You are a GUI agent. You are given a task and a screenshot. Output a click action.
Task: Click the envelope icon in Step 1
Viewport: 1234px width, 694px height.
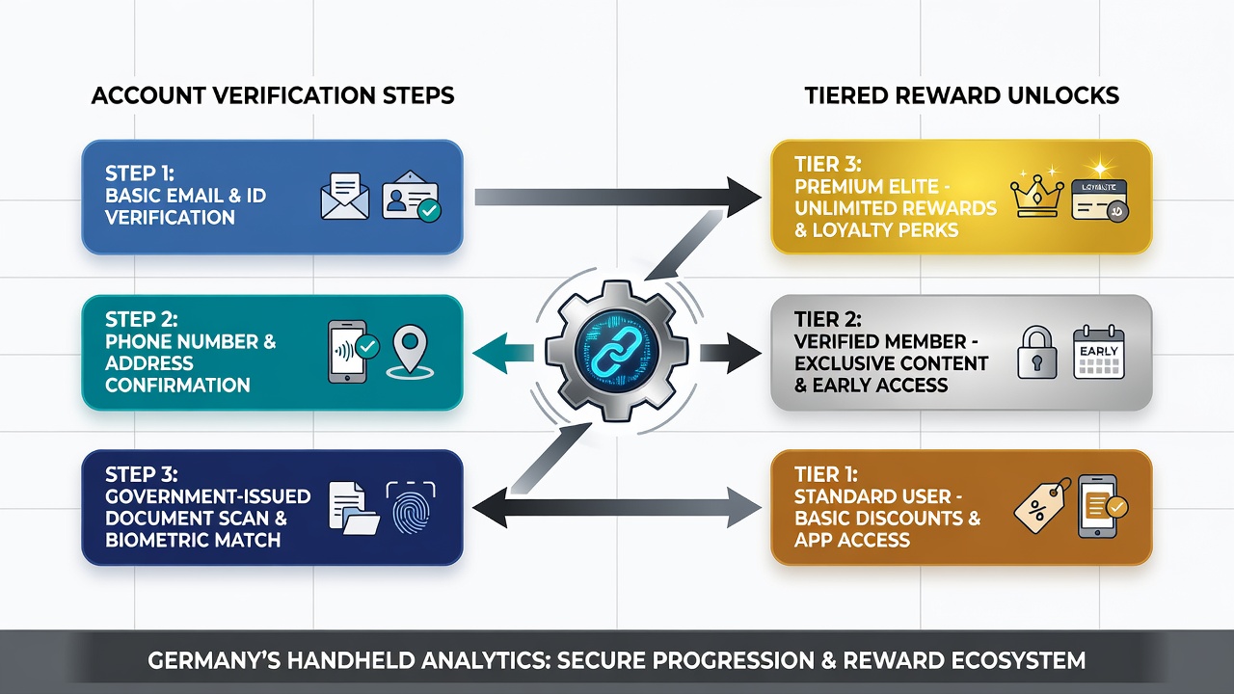(x=345, y=196)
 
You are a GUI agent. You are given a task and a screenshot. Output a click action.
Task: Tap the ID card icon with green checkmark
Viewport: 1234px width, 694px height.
(x=412, y=196)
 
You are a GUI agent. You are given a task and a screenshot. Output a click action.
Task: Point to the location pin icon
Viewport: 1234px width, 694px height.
(x=410, y=352)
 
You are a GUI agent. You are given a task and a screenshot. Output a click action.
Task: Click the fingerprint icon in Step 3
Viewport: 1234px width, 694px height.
(x=411, y=508)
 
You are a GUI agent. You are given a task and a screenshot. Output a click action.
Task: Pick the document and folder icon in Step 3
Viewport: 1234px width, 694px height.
(x=354, y=508)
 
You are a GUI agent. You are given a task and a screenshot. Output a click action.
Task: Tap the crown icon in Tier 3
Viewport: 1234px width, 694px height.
(x=1036, y=196)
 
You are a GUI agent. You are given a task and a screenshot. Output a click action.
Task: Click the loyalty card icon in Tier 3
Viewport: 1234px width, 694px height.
(x=1100, y=200)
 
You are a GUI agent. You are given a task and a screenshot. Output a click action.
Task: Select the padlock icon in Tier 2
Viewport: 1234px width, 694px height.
(x=1036, y=353)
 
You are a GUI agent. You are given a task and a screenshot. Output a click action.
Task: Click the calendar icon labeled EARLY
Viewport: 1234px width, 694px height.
(x=1099, y=353)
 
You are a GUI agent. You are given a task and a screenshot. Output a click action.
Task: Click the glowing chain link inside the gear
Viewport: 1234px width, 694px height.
(x=616, y=351)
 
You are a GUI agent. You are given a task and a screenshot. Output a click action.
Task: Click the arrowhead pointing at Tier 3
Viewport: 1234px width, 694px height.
(x=743, y=197)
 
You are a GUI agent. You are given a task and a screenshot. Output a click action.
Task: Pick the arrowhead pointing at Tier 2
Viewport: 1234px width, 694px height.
(x=744, y=353)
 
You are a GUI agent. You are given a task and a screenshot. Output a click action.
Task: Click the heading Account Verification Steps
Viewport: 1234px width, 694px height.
(x=273, y=95)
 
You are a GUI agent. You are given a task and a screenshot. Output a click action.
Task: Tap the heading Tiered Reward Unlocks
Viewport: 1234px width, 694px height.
(x=962, y=95)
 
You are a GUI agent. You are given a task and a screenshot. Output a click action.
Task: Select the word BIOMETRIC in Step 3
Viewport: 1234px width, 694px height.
(x=156, y=540)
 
